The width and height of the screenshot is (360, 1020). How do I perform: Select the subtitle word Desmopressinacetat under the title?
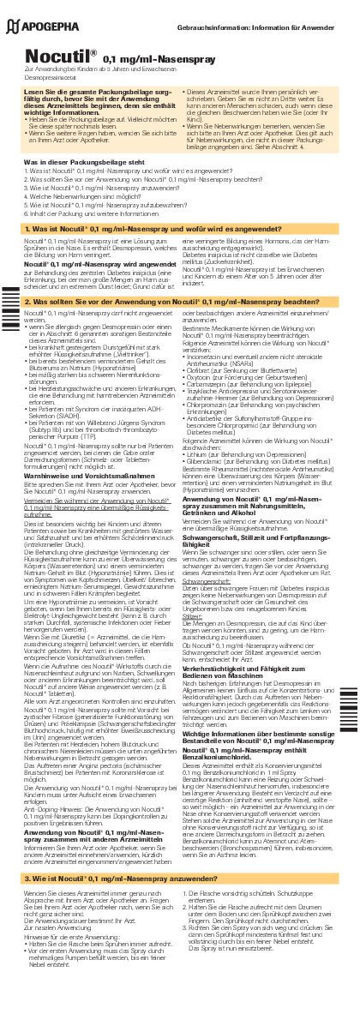click(x=51, y=76)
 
